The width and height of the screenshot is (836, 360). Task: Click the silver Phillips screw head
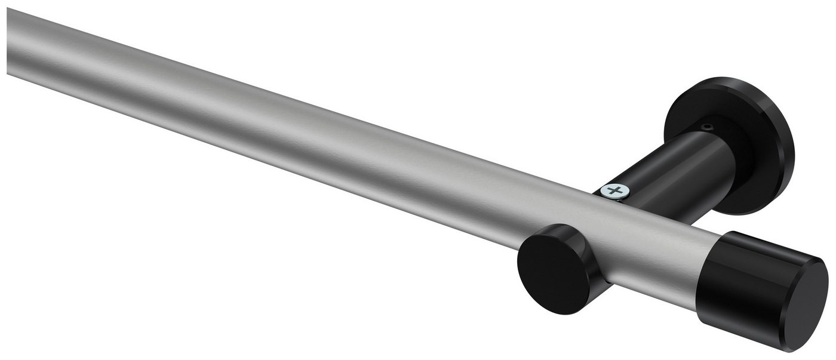tap(615, 191)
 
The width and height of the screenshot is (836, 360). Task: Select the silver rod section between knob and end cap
tap(657, 251)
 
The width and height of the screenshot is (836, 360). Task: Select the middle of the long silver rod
tap(299, 131)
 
